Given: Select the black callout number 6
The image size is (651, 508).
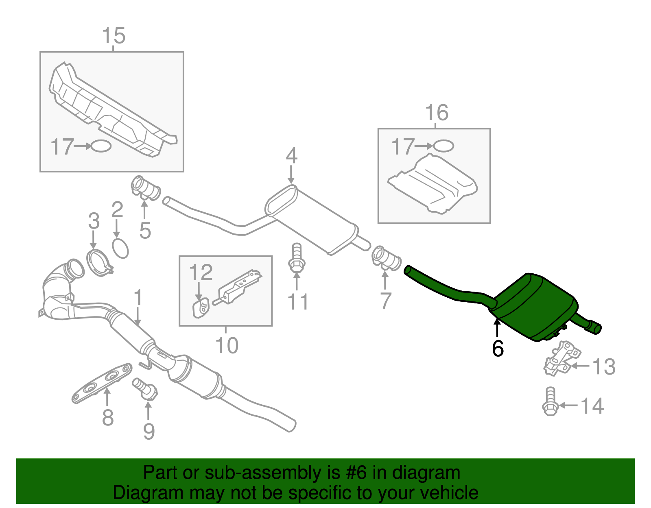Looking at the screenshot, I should pos(498,349).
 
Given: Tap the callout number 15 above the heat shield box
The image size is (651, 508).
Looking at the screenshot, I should pos(114,36).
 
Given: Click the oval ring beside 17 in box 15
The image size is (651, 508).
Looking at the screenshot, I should pos(100,146).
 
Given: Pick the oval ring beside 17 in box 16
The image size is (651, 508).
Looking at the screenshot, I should pos(443,146).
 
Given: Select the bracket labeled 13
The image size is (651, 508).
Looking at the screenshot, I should pos(562,358).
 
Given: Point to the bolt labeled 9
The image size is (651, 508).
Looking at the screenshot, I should pos(145,388).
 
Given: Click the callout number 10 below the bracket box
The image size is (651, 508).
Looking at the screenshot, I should pos(227,346).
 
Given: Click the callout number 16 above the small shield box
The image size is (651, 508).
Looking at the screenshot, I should pos(437,113).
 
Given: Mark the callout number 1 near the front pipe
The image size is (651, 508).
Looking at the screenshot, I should pos(138,298).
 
